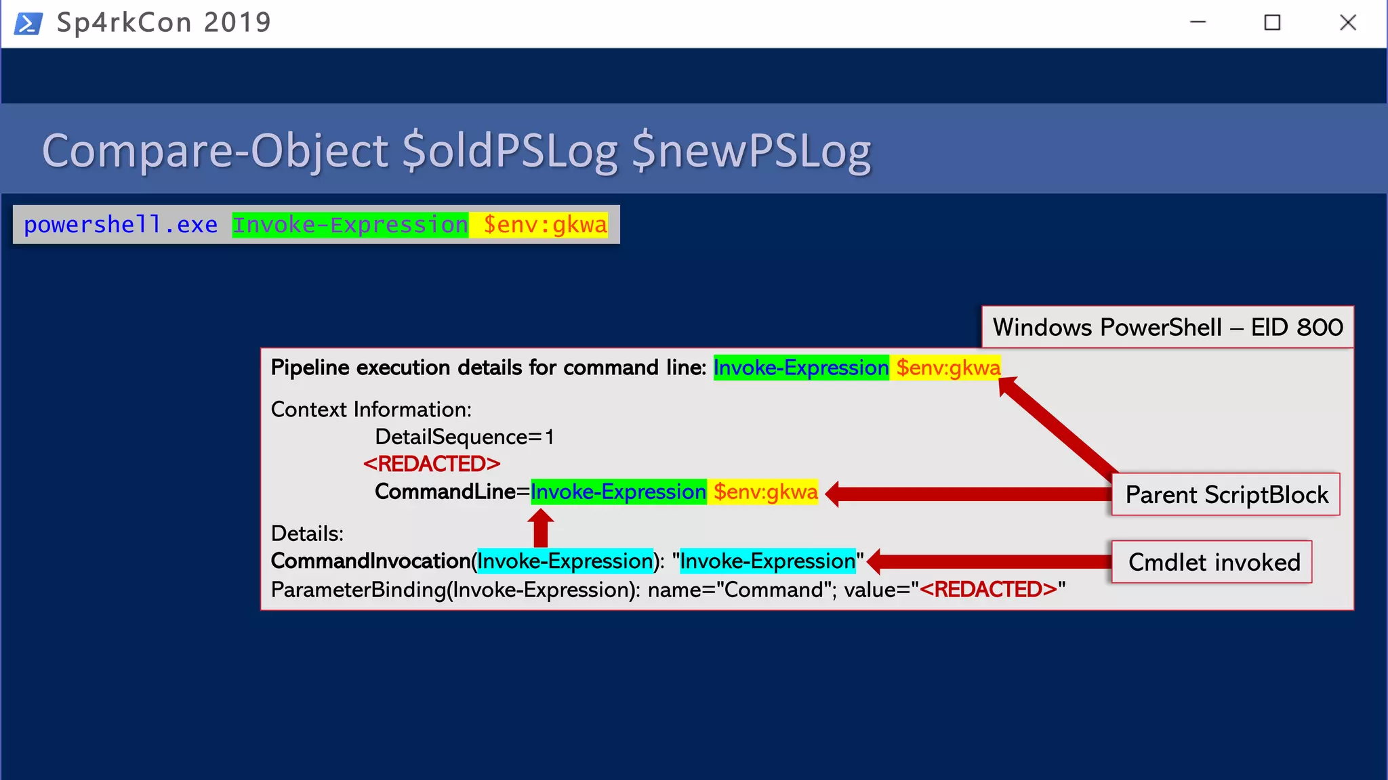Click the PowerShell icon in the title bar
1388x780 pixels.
[x=28, y=23]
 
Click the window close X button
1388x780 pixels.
[x=1347, y=23]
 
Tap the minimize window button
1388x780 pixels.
[x=1198, y=23]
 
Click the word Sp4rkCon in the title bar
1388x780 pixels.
[x=124, y=23]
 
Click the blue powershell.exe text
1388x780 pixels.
[x=121, y=225]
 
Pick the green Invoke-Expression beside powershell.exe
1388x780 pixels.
[x=350, y=225]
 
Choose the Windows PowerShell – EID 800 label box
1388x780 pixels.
[x=1167, y=328]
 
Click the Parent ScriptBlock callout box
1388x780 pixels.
[x=1225, y=495]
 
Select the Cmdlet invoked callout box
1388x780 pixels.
[x=1212, y=562]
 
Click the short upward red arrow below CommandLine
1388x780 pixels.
[x=540, y=528]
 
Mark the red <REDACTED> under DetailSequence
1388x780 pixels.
[x=432, y=464]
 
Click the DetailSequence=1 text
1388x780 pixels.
[x=464, y=437]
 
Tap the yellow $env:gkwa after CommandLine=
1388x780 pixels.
[x=765, y=492]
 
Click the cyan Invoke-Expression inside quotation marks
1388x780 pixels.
[x=767, y=561]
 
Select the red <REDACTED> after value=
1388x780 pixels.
[x=988, y=590]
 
